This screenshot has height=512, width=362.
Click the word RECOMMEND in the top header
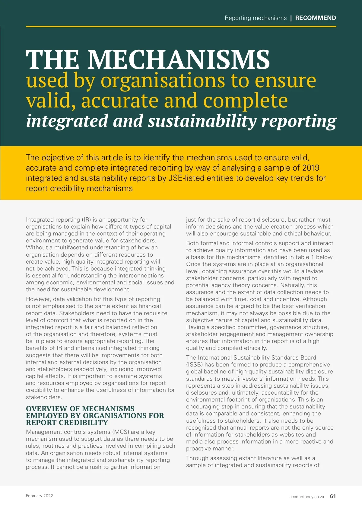[x=316, y=18]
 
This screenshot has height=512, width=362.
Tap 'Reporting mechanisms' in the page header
[x=256, y=18]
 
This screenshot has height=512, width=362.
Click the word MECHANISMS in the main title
[x=179, y=59]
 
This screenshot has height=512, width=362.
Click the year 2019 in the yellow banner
[x=311, y=168]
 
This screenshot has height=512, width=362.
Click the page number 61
[x=333, y=496]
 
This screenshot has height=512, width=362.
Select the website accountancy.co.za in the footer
[x=306, y=497]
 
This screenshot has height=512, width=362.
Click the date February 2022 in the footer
[x=40, y=496]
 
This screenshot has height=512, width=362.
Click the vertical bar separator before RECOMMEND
[x=291, y=18]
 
